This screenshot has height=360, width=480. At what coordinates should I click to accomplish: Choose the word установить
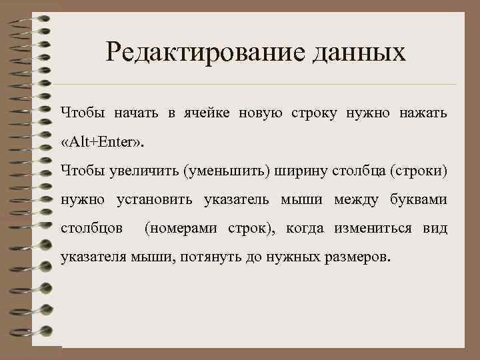click(x=154, y=199)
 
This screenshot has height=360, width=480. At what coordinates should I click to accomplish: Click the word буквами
click(x=418, y=199)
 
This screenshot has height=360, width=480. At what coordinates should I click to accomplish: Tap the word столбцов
click(x=91, y=228)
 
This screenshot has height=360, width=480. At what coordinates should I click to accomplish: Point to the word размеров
click(x=357, y=257)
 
